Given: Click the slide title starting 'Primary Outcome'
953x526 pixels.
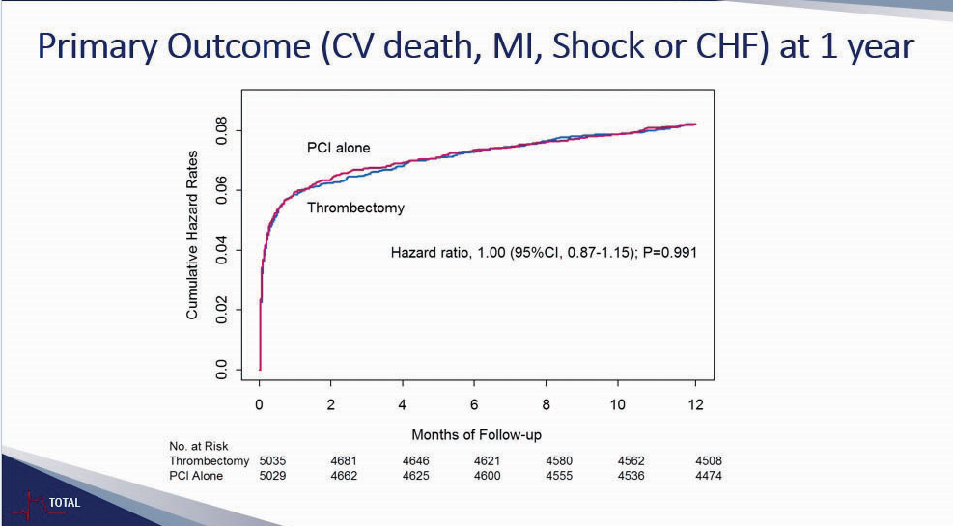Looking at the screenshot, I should pyautogui.click(x=476, y=47).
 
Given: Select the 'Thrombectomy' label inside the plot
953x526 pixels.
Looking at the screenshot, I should pyautogui.click(x=355, y=207).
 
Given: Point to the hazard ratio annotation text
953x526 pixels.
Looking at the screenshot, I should pyautogui.click(x=544, y=253).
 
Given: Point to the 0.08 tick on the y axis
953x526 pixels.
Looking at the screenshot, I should pyautogui.click(x=223, y=130).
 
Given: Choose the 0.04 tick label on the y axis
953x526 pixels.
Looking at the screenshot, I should pyautogui.click(x=223, y=250).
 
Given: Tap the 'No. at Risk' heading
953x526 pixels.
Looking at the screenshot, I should pyautogui.click(x=198, y=447).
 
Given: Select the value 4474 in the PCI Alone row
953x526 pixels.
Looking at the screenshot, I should pyautogui.click(x=708, y=476).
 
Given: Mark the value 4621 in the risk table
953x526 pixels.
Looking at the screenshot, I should pyautogui.click(x=487, y=461).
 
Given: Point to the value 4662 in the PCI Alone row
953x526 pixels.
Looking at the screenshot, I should pyautogui.click(x=345, y=476).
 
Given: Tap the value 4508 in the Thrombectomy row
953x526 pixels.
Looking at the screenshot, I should pyautogui.click(x=708, y=461).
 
